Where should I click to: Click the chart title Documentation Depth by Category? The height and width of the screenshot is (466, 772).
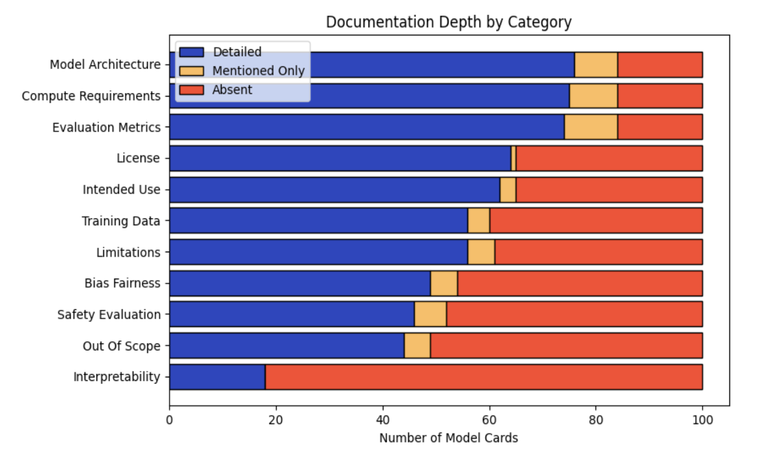[448, 22]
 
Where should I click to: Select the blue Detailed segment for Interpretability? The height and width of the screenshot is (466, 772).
[217, 377]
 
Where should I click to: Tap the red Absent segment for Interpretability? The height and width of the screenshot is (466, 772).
[484, 377]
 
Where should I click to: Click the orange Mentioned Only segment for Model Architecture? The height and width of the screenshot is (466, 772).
[596, 65]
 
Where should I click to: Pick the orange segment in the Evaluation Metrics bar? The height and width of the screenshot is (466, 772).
[590, 127]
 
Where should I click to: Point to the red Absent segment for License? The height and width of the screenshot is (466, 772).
[609, 158]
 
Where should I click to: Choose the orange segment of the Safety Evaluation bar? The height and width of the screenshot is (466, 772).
[430, 314]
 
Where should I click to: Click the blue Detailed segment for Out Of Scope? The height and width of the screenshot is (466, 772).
[286, 346]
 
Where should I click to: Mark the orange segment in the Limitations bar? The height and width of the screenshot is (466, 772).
[481, 252]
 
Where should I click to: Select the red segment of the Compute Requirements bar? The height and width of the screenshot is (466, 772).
[660, 96]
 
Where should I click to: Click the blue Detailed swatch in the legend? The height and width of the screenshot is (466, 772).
[191, 52]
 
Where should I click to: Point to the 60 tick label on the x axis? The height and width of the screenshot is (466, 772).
[489, 420]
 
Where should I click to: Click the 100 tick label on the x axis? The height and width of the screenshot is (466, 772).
[702, 420]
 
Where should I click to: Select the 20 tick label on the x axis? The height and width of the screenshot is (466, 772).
[276, 420]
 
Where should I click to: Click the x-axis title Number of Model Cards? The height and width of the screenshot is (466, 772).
[448, 438]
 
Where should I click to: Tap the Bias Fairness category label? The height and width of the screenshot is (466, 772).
[122, 283]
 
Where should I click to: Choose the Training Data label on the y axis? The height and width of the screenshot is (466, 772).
[121, 221]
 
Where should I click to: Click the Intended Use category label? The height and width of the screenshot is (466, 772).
[121, 190]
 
